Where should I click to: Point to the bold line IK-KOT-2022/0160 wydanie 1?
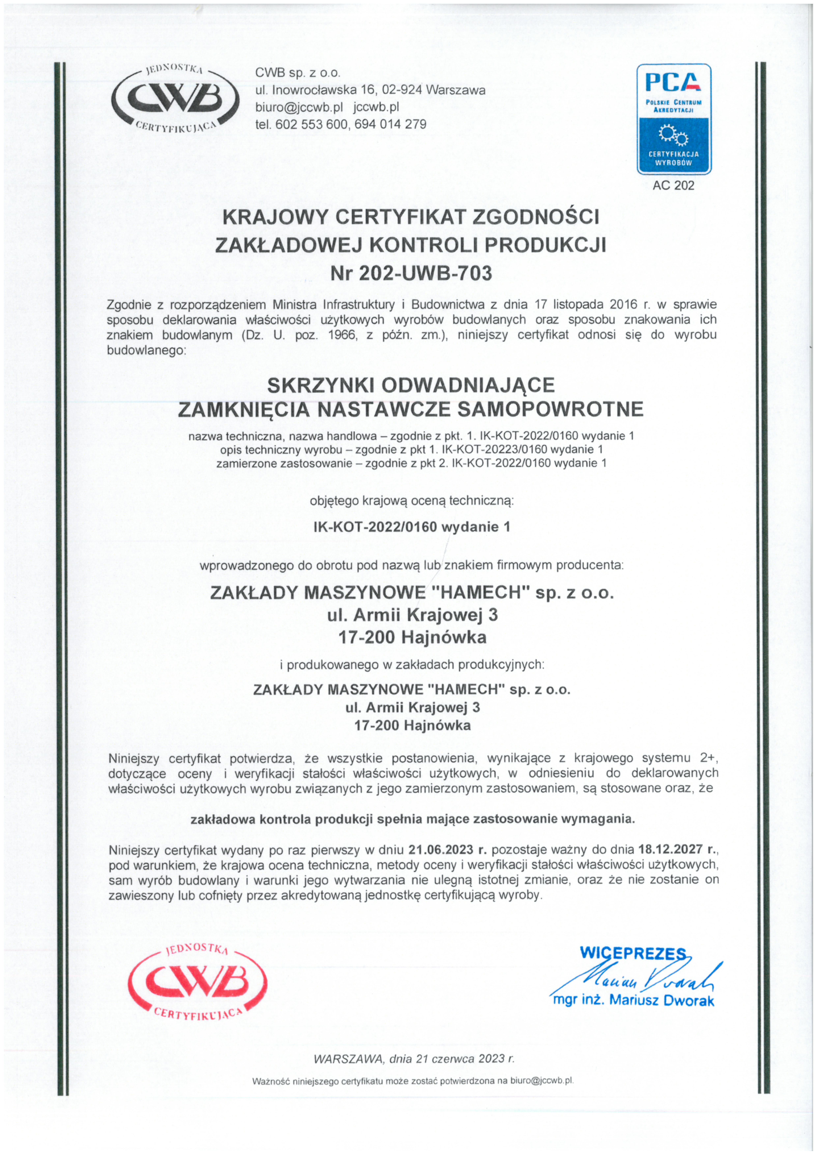411,527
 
